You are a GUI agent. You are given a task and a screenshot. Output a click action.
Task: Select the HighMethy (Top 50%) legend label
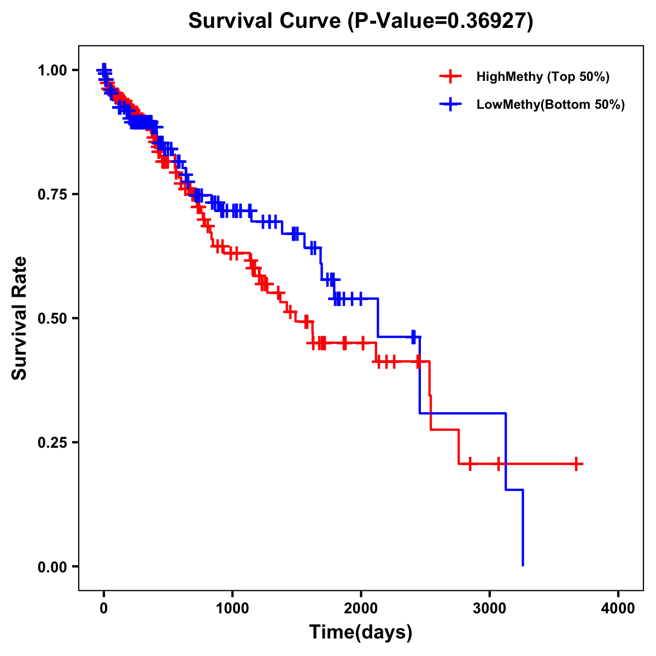(542, 77)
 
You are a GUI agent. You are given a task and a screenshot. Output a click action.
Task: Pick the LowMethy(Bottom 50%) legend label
(550, 104)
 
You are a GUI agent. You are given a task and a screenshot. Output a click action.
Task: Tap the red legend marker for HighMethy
(450, 77)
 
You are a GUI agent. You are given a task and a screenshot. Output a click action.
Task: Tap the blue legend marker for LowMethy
(450, 104)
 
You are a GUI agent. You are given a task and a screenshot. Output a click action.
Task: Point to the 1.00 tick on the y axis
(52, 70)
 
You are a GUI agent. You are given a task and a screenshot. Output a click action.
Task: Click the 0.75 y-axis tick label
(52, 194)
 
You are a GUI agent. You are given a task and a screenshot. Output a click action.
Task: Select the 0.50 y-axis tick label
(52, 318)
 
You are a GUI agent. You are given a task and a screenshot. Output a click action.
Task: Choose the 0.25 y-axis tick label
(52, 442)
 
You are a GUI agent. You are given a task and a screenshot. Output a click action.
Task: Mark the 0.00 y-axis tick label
(52, 566)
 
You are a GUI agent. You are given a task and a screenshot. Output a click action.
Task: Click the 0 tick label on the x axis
(104, 608)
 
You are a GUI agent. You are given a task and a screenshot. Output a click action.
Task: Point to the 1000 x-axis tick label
(232, 608)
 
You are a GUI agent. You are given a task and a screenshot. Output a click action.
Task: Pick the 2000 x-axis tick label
(361, 608)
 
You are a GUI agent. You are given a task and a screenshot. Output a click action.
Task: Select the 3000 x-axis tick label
(490, 608)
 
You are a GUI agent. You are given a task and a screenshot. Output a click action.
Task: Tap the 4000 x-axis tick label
(618, 608)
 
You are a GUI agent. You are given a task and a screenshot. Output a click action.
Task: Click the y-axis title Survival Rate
(20, 318)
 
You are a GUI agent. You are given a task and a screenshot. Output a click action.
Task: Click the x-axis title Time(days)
(361, 632)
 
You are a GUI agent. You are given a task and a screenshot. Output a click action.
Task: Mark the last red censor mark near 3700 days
(576, 464)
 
